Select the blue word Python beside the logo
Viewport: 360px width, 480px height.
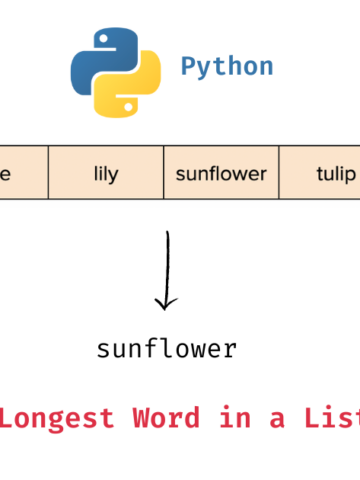click(x=227, y=67)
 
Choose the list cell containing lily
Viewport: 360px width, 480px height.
click(x=105, y=174)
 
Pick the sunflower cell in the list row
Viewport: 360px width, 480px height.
click(x=221, y=174)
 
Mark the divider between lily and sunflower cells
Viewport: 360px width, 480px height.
click(x=163, y=174)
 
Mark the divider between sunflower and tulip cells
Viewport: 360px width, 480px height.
click(x=279, y=174)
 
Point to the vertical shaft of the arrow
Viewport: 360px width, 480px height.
click(x=168, y=265)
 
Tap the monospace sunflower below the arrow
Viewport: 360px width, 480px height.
click(x=167, y=349)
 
